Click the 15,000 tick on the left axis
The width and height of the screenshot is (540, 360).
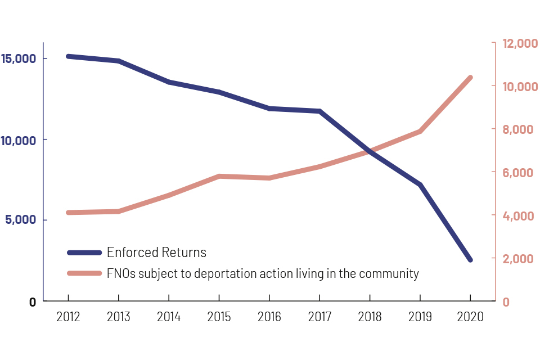[x=20, y=58]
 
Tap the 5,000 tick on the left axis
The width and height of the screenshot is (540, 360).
[x=20, y=220]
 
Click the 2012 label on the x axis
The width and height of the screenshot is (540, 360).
[x=68, y=317]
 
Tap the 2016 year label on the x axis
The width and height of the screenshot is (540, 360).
[x=269, y=317]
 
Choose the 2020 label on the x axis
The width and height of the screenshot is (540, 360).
[x=470, y=317]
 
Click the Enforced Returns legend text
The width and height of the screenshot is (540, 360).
[x=156, y=253]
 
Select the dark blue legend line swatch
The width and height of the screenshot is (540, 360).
[x=84, y=253]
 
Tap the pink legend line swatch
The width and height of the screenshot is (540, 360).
[x=84, y=274]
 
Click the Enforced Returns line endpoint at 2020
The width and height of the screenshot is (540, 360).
[x=470, y=260]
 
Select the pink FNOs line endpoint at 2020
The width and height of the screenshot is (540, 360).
[x=470, y=78]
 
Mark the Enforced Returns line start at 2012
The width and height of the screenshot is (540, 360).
[x=68, y=56]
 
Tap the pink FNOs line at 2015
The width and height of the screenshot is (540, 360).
[x=219, y=176]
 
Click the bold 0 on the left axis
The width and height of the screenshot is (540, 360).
[x=32, y=302]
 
